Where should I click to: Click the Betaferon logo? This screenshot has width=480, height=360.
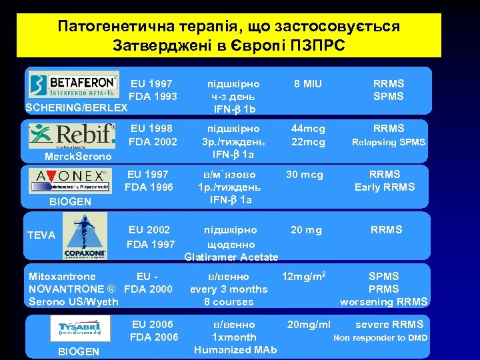pos(73,85)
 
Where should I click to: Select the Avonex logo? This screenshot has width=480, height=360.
pos(72,180)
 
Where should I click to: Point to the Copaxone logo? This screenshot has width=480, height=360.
pos(85,237)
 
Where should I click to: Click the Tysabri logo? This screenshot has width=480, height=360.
pos(80,327)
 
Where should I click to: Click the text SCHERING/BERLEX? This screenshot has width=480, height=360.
pos(75,108)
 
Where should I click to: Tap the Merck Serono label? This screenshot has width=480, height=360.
pos(74,157)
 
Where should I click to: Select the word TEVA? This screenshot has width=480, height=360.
pos(41,235)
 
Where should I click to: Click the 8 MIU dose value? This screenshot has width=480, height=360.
pos(308,84)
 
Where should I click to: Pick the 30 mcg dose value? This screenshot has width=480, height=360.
pos(305,175)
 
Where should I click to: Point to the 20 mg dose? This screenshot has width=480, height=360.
pos(306,230)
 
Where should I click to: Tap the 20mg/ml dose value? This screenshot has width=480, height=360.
pos(309,325)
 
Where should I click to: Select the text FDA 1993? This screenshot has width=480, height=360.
pos(153,97)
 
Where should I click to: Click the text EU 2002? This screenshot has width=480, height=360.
pos(150,230)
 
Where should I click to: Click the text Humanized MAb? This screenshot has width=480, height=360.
pos(235,350)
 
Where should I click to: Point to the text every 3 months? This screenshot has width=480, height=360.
pos(229,289)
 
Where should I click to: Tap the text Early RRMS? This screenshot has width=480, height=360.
pos(384,187)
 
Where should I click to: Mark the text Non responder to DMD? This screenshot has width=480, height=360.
pos(381,338)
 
